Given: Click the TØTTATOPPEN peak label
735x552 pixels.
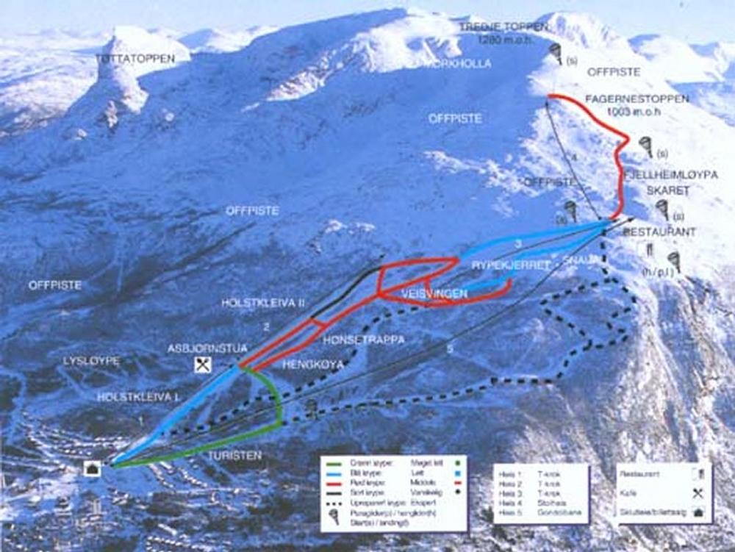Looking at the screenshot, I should tap(136, 59).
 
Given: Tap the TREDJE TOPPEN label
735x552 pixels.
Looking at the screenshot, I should tap(503, 27).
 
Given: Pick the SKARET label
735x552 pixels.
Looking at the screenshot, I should tap(667, 190).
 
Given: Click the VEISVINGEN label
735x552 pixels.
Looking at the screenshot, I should tap(434, 293).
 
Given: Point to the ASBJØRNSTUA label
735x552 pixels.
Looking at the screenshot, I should tap(207, 348).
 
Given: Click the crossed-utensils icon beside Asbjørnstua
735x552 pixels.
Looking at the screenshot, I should tap(203, 364).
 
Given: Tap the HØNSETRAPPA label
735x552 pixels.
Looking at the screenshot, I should tap(364, 340).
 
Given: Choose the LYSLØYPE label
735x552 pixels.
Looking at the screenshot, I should tap(91, 361).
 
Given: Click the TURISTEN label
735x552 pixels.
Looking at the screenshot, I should tap(234, 456).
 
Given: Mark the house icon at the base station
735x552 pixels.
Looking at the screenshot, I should tap(93, 468).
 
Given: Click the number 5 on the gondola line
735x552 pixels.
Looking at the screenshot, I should tap(449, 349).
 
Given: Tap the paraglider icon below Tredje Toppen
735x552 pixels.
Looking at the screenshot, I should tap(556, 52).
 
